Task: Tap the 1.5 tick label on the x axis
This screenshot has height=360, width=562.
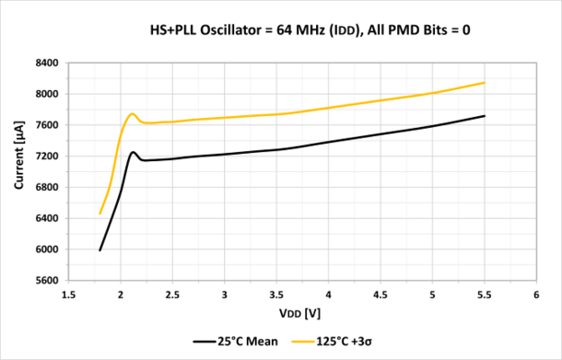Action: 68,296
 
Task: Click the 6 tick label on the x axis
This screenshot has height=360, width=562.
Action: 536,296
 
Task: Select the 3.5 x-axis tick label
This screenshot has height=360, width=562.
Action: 276,296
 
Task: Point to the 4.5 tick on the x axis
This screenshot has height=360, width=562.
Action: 381,296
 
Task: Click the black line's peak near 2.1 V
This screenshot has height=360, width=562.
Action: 133,152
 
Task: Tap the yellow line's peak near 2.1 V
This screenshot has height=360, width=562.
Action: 133,114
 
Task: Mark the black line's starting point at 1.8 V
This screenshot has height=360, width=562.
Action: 100,250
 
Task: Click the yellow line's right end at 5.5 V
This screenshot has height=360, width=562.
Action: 485,83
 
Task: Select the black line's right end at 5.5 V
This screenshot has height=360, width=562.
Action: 485,115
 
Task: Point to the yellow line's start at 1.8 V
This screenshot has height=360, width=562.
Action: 100,214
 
